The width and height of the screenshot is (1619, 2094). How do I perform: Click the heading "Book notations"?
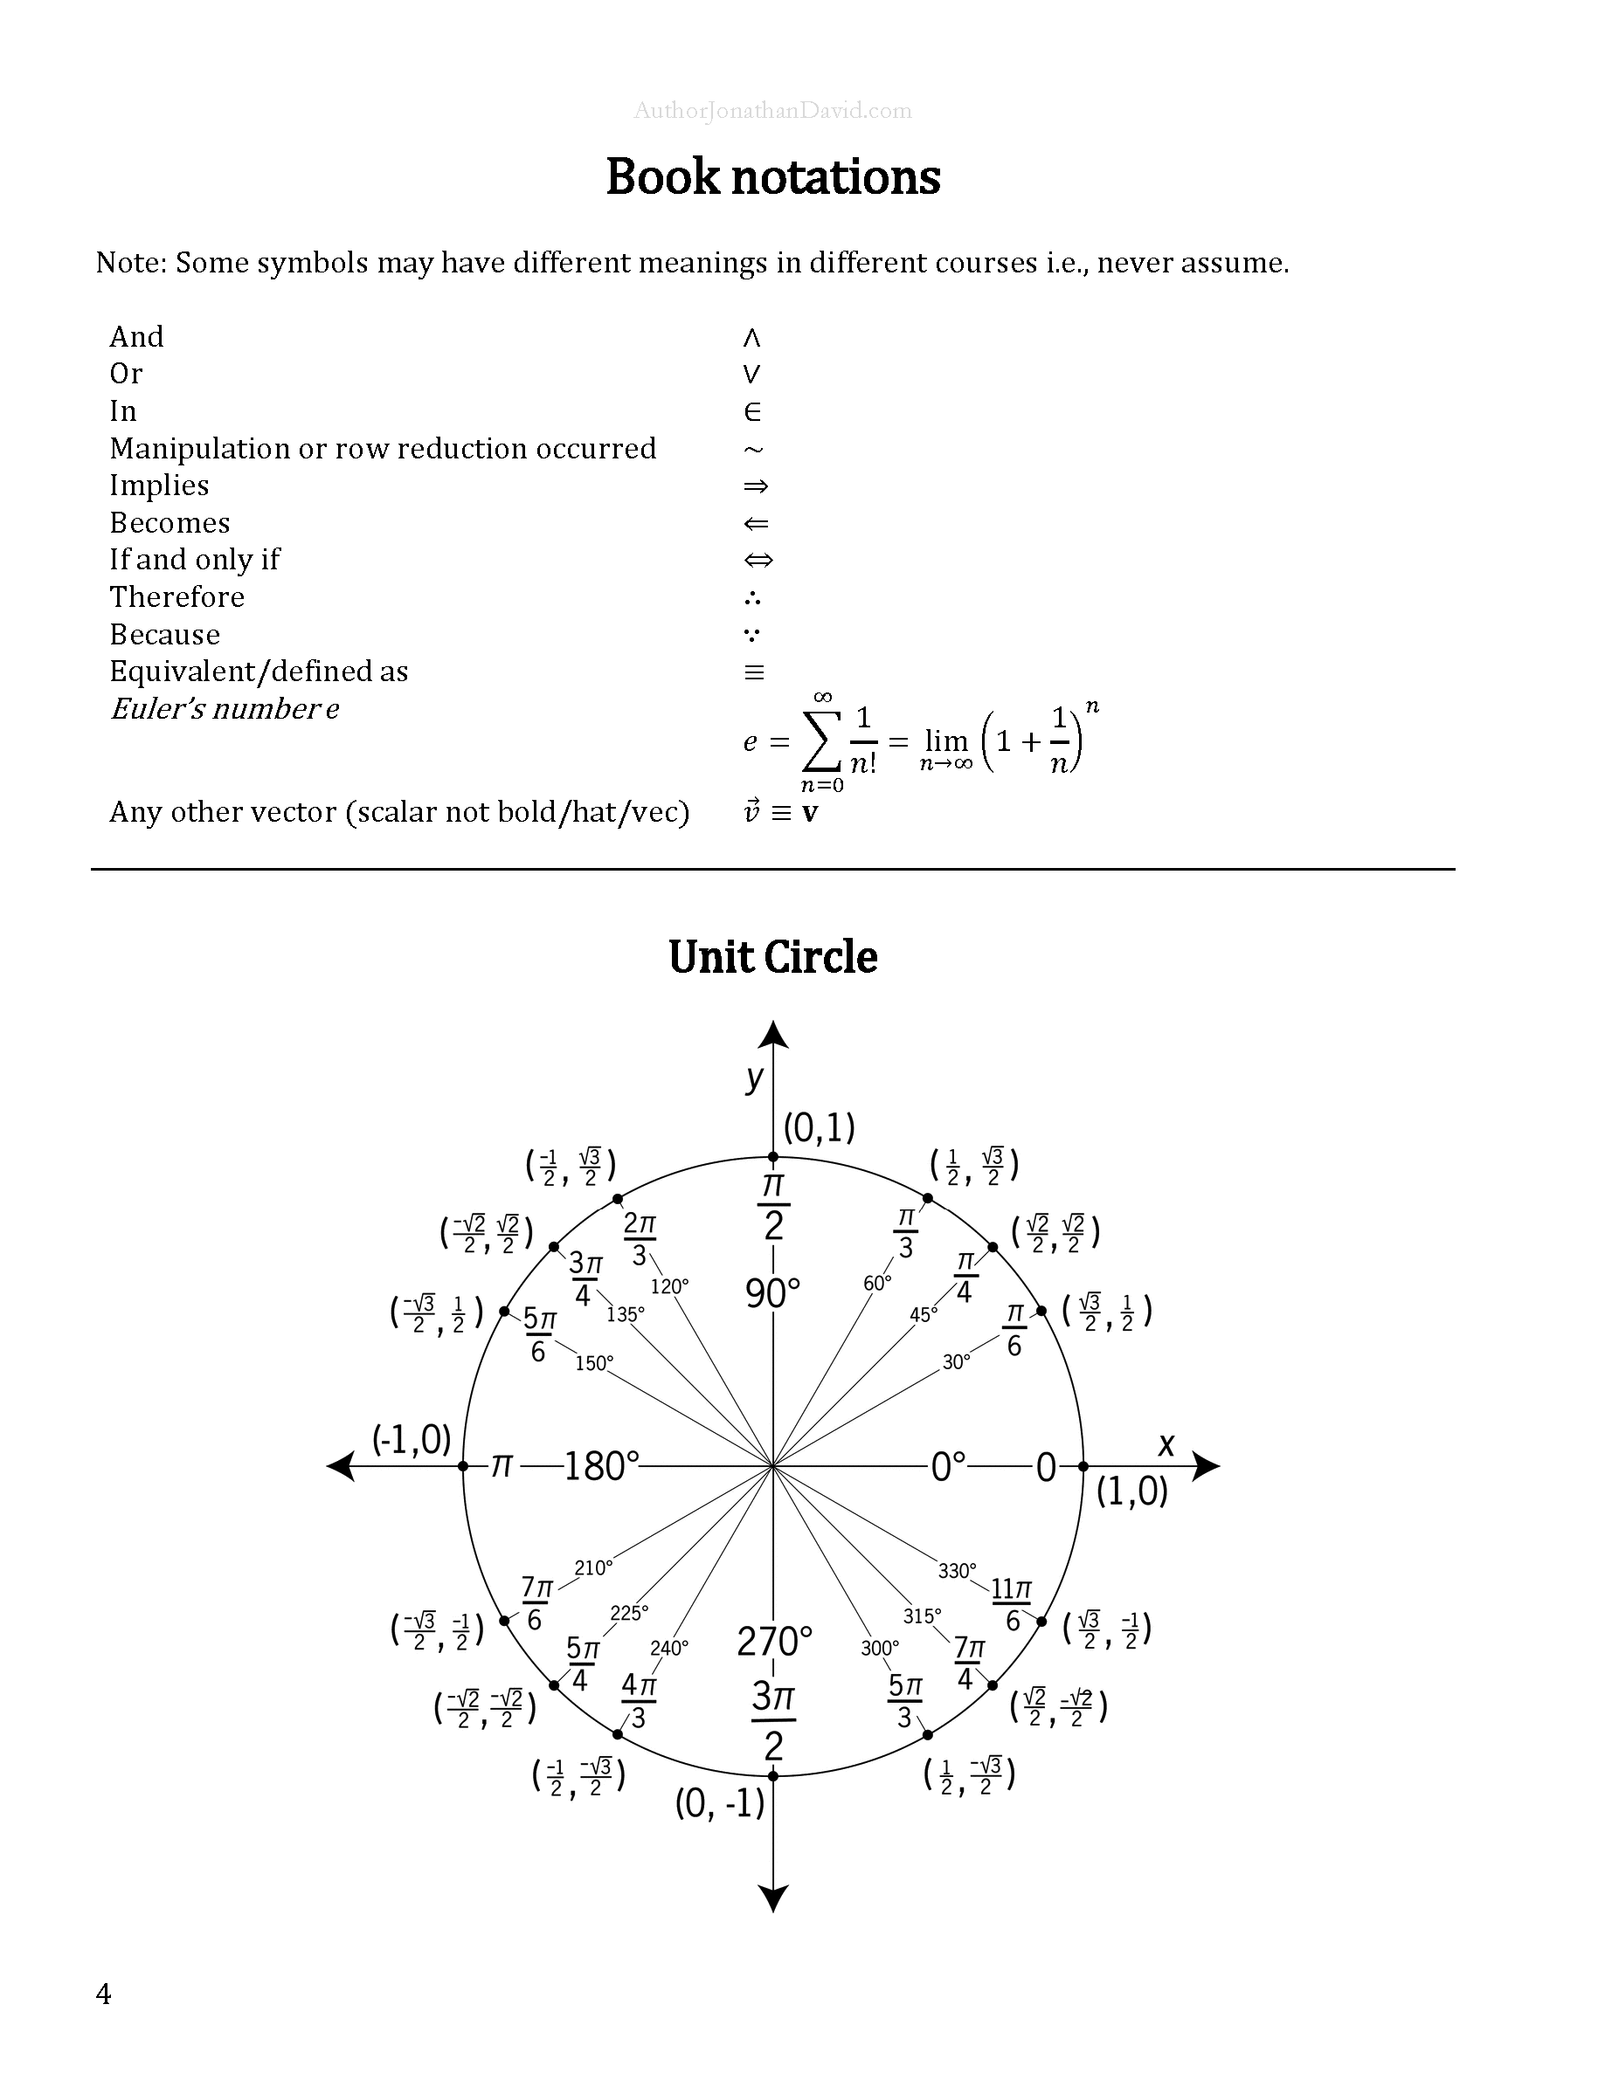[x=773, y=177]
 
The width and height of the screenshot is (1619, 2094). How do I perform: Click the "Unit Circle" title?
[x=773, y=957]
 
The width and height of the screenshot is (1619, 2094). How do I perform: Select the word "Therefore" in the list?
[x=177, y=597]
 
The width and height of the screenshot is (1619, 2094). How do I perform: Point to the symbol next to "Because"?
[x=753, y=635]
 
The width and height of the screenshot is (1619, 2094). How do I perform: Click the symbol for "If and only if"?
[x=758, y=560]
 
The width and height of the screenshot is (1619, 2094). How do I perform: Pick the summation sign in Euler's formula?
[x=820, y=741]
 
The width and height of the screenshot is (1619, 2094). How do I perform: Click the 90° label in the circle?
[x=773, y=1293]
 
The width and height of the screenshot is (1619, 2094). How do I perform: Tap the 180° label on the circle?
[x=601, y=1466]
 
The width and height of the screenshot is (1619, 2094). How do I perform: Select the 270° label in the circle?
[x=774, y=1642]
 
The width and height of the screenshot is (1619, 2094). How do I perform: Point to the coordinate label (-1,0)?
[x=412, y=1438]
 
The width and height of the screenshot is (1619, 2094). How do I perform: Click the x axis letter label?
[x=1166, y=1444]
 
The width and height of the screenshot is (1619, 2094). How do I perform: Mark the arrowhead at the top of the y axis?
[x=773, y=1036]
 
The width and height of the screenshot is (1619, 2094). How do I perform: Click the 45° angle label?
[x=924, y=1315]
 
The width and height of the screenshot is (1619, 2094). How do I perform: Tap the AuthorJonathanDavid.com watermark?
[x=773, y=111]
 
